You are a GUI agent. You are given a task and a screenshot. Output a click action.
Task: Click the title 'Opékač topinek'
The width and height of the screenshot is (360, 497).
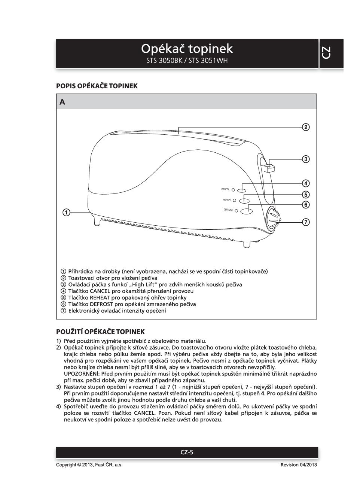[187, 49]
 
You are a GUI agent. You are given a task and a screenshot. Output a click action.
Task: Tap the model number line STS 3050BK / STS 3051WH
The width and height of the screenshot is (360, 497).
[187, 61]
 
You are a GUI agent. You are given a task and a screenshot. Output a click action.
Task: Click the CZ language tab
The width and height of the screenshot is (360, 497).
[326, 53]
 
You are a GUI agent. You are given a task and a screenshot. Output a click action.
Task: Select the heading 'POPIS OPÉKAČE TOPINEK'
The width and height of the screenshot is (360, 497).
[97, 86]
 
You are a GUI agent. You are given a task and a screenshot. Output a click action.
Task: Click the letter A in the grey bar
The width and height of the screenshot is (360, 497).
[62, 102]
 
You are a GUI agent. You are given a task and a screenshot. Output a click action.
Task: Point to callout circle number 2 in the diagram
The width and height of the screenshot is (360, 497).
[306, 127]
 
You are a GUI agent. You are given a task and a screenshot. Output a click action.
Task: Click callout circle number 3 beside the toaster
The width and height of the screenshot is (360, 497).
[306, 159]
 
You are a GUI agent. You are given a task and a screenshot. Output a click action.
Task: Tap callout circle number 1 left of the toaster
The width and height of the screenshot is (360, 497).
[66, 213]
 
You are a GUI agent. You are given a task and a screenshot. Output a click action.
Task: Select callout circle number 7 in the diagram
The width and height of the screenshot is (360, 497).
[306, 222]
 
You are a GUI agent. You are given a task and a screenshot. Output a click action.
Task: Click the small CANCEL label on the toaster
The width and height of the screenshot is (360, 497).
[225, 189]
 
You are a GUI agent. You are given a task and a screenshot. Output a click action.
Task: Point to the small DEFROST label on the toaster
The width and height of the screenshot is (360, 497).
[228, 210]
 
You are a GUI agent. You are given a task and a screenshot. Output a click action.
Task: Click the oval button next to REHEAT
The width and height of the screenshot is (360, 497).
[244, 201]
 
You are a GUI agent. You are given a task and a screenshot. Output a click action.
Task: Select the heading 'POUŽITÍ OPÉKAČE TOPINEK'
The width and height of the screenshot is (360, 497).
[100, 332]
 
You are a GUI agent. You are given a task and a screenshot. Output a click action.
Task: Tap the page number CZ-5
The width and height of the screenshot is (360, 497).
[187, 452]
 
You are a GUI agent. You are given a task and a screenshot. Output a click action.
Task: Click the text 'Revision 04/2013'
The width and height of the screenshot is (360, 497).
[299, 465]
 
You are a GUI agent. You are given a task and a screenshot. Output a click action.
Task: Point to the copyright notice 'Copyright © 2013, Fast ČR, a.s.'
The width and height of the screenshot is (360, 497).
[89, 465]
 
